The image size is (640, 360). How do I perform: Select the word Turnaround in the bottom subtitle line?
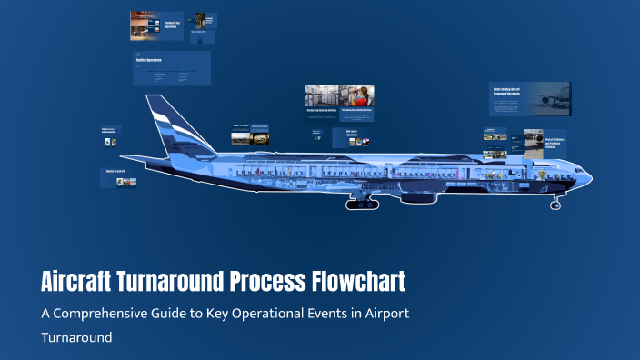[75, 336]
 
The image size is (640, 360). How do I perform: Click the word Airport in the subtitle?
[387, 314]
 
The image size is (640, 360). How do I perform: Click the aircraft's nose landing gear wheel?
[555, 205]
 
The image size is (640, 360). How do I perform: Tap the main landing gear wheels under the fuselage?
[364, 204]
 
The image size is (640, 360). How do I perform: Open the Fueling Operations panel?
[171, 68]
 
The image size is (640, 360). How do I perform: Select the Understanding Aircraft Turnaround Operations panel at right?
[529, 98]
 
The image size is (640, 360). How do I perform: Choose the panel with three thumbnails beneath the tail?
[118, 177]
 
